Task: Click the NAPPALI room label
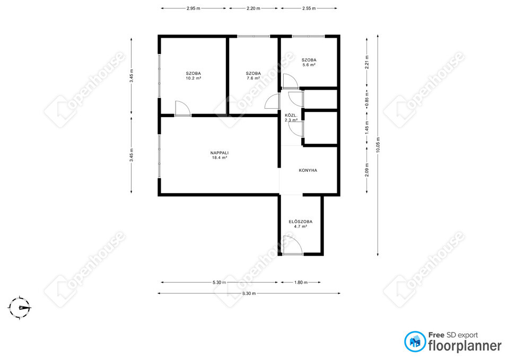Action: [220, 153]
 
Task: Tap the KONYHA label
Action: [308, 170]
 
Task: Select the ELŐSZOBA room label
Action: [301, 222]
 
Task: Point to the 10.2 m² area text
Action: [193, 78]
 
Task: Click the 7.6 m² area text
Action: [253, 78]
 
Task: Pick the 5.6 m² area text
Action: [309, 65]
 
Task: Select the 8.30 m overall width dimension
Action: [249, 293]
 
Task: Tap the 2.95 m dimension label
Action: [193, 8]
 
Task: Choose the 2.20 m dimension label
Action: [253, 8]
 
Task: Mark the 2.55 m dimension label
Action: [309, 8]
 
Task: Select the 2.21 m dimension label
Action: [367, 62]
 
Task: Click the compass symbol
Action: [20, 308]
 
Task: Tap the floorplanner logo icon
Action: [415, 341]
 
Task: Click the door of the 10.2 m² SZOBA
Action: [182, 108]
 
